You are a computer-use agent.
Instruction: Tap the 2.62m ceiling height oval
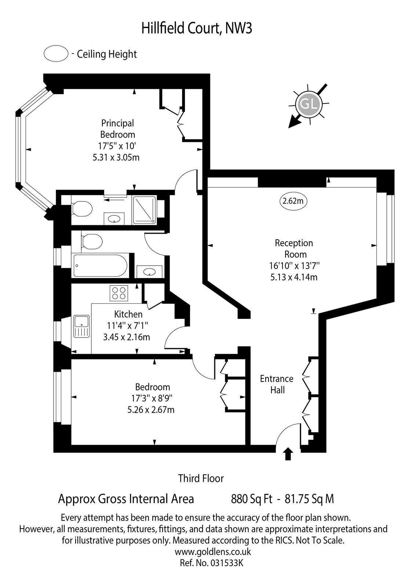293,201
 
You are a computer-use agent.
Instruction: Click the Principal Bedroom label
118,129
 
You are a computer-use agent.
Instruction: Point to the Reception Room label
294,249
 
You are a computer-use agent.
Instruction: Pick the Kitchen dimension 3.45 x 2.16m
126,337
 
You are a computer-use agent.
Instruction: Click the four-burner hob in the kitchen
119,293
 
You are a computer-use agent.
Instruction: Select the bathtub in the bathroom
101,265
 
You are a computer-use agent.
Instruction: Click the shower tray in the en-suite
145,210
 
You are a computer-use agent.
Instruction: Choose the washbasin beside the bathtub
149,271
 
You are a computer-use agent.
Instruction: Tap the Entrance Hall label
277,384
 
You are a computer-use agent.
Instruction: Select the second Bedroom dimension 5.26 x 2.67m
151,409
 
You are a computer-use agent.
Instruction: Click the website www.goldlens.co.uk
213,552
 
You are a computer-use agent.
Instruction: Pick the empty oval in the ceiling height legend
56,54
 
